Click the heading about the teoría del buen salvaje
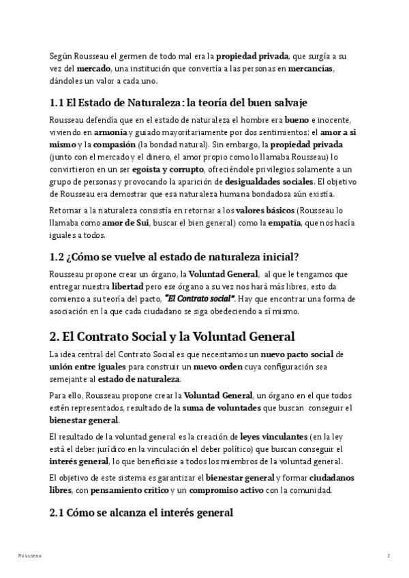[x=179, y=103]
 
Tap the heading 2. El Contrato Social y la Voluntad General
[x=172, y=336]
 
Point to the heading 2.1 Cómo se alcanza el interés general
[x=141, y=512]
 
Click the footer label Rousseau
[x=30, y=557]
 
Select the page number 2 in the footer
[x=389, y=557]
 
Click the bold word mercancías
[x=311, y=70]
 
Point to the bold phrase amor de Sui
[x=126, y=223]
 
